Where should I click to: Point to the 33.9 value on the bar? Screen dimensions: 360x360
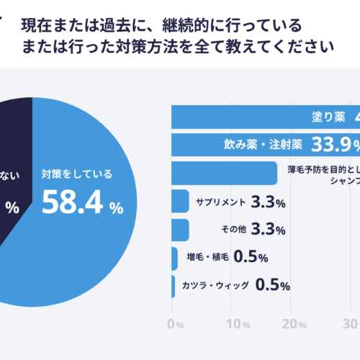tap(330, 145)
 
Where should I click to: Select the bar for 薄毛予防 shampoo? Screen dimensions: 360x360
tap(224, 173)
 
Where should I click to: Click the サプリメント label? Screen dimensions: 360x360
tap(220, 202)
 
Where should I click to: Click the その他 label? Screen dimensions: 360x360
tap(234, 230)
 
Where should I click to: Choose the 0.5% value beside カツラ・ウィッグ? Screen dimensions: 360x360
tap(273, 285)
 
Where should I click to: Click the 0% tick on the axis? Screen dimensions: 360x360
tap(175, 324)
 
